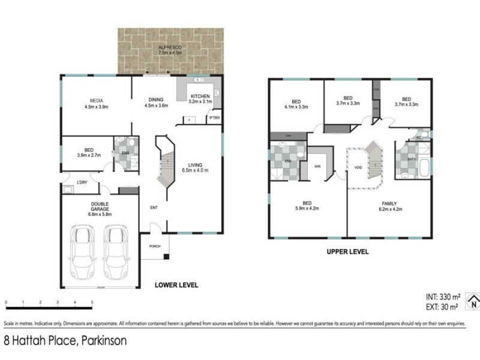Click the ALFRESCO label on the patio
click(x=170, y=46)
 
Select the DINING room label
click(x=155, y=100)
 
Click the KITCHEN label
click(x=199, y=97)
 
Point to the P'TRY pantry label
click(x=214, y=118)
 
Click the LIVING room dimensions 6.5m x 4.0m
click(x=196, y=170)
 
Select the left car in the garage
click(x=83, y=252)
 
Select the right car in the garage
click(x=116, y=252)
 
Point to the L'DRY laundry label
click(x=83, y=182)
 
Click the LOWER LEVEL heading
click(x=176, y=285)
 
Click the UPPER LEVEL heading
click(x=347, y=252)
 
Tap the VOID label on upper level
click(x=358, y=167)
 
